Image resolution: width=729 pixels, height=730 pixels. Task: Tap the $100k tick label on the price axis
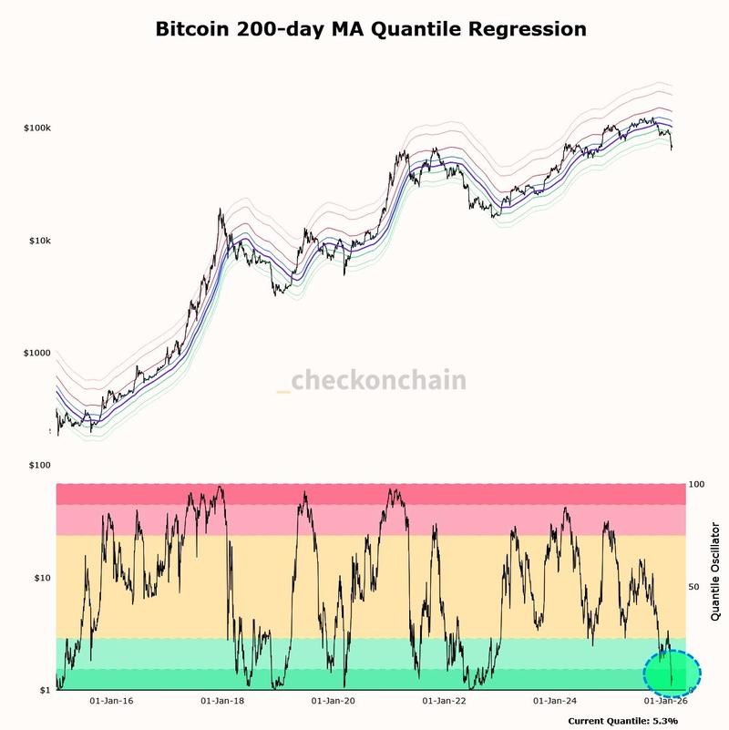click(x=36, y=129)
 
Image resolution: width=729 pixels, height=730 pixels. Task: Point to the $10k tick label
click(x=38, y=241)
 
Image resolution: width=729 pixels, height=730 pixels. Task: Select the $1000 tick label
click(x=37, y=353)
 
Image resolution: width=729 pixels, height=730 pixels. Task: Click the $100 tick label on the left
click(x=39, y=466)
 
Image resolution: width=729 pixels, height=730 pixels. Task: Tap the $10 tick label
click(x=41, y=578)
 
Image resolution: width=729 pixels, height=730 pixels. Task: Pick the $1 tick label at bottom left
click(x=43, y=690)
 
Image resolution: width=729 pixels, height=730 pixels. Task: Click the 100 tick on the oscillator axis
click(x=697, y=485)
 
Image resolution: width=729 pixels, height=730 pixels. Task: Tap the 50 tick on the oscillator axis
click(x=695, y=587)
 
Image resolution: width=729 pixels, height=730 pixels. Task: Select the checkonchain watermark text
click(x=378, y=380)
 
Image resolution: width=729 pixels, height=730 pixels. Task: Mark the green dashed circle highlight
click(x=673, y=674)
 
